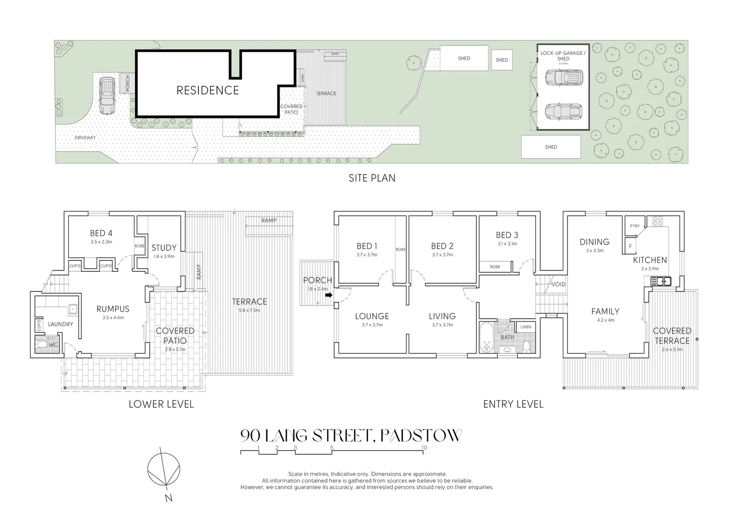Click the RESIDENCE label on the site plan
(x=207, y=90)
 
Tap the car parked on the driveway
(x=107, y=97)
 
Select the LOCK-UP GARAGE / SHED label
(x=563, y=55)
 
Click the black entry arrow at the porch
(x=329, y=295)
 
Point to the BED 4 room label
(x=101, y=233)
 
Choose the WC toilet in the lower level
(x=42, y=344)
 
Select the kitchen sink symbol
(x=663, y=281)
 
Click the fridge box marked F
(x=631, y=247)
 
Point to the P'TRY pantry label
(x=634, y=226)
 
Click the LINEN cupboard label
(x=525, y=327)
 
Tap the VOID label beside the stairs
(x=558, y=284)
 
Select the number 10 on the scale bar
(x=424, y=448)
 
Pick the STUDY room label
(x=164, y=247)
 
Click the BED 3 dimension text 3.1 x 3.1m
(x=507, y=244)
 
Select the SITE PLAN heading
(x=371, y=178)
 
